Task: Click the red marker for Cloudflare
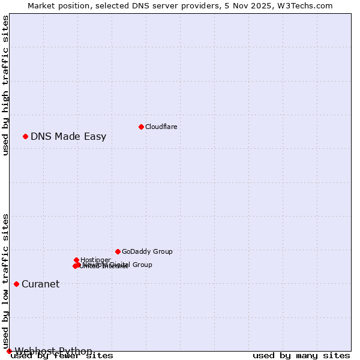[141, 127]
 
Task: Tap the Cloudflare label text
[161, 127]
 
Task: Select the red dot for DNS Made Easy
[25, 136]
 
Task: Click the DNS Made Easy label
[68, 136]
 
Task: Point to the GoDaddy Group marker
[118, 251]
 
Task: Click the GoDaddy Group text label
[147, 251]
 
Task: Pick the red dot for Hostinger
[76, 260]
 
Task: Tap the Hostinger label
[95, 260]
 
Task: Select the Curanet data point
[16, 284]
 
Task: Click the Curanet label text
[41, 284]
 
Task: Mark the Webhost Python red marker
[9, 351]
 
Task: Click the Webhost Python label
[53, 351]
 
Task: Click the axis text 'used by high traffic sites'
[5, 85]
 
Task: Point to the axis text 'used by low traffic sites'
[5, 281]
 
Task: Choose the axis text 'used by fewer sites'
[62, 356]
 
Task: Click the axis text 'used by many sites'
[301, 356]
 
